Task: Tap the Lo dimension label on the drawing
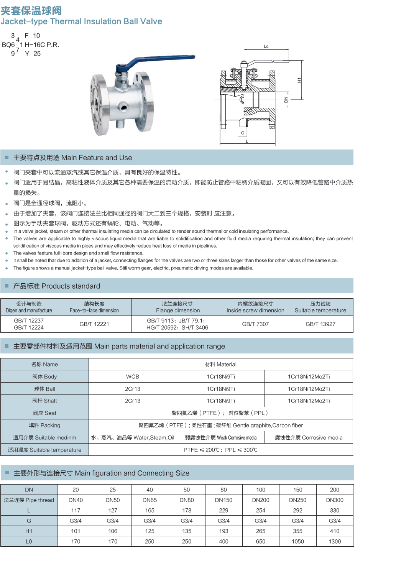266,46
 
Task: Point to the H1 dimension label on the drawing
299,80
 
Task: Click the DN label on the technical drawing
286,100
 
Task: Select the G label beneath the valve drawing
243,133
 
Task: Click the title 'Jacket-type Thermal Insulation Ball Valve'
81,21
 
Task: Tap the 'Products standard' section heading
56,286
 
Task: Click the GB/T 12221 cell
94,324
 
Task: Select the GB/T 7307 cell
255,324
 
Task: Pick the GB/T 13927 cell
320,324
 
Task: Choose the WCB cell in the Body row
133,376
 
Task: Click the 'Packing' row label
44,425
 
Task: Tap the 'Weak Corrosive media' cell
221,437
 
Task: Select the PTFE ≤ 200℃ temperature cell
220,450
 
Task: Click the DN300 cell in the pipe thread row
335,500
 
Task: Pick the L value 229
223,510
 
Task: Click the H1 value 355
297,531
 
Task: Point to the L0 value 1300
335,541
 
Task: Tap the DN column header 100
261,490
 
